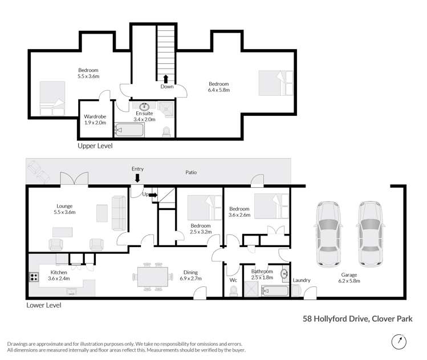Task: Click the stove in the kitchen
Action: pyautogui.click(x=34, y=278)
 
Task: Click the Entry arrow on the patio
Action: pyautogui.click(x=137, y=179)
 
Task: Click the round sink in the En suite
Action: pyautogui.click(x=145, y=106)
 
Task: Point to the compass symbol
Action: pyautogui.click(x=400, y=341)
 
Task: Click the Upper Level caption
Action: pyautogui.click(x=95, y=146)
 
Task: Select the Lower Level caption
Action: pyautogui.click(x=44, y=305)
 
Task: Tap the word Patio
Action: pyautogui.click(x=190, y=172)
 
